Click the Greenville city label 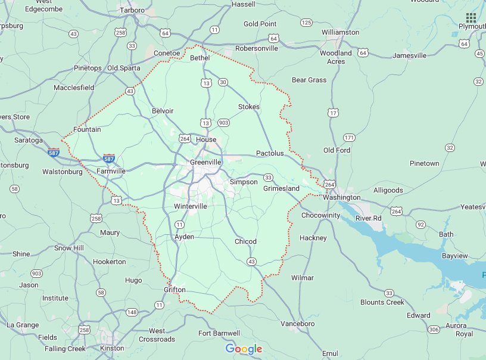[205, 162]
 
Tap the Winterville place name [191, 206]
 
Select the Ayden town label [184, 237]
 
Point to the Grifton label [175, 290]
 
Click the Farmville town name [111, 171]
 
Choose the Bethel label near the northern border [200, 58]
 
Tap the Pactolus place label [270, 153]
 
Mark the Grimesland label [281, 188]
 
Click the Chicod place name [245, 241]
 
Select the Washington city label [342, 197]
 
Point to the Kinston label [112, 348]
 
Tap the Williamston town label [340, 32]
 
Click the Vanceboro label [297, 323]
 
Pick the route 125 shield [306, 23]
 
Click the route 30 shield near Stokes [223, 82]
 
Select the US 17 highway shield [334, 113]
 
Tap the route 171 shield [349, 138]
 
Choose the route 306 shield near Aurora [433, 329]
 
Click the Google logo [244, 349]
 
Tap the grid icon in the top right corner [471, 17]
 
